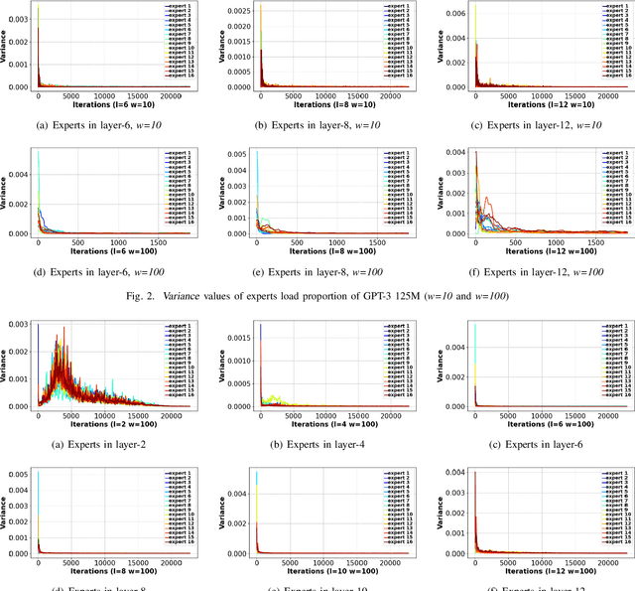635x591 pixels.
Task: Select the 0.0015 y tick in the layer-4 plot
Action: [237, 339]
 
